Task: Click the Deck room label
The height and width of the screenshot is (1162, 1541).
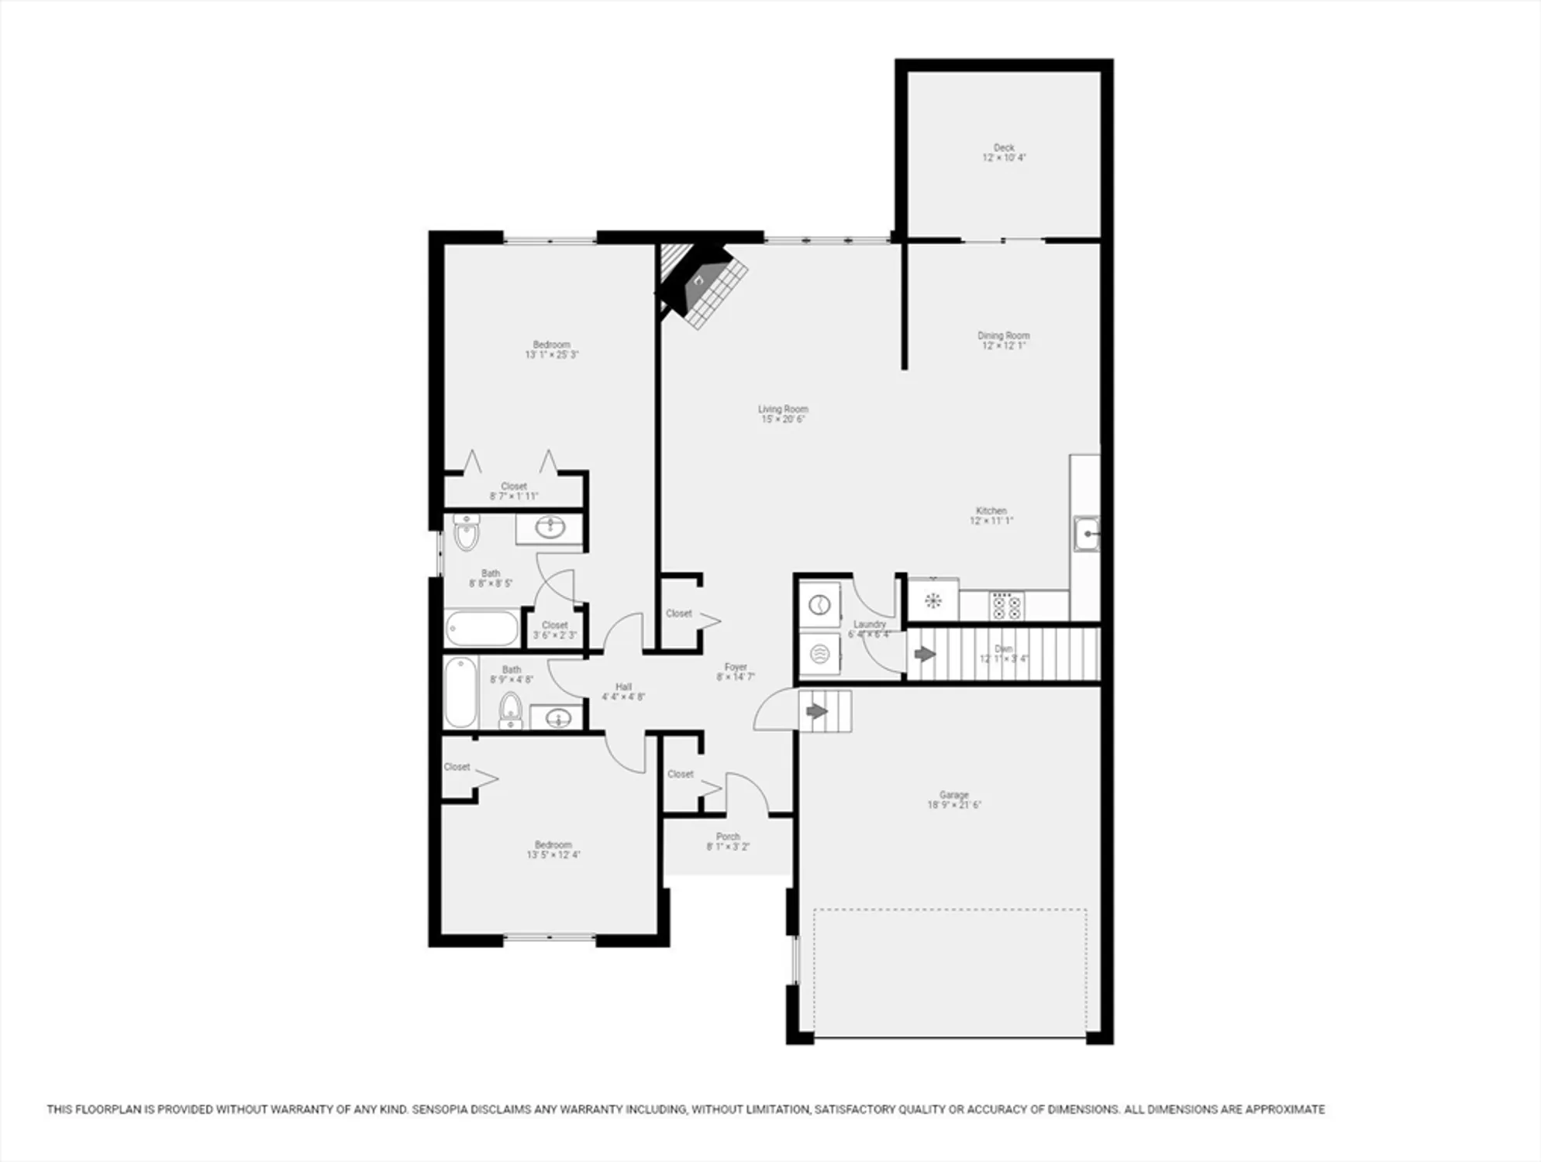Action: [x=1004, y=147]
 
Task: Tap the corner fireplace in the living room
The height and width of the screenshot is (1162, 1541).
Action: [x=702, y=283]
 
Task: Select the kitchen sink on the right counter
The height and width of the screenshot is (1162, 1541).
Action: [x=1087, y=535]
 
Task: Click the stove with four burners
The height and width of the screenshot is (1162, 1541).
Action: [x=1006, y=606]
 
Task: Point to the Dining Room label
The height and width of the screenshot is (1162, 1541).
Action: [x=1003, y=335]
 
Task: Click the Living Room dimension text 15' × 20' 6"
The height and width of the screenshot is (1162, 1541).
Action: [x=783, y=419]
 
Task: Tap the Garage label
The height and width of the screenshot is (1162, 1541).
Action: [x=953, y=795]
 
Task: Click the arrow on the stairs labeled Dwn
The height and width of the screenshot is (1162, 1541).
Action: [x=925, y=655]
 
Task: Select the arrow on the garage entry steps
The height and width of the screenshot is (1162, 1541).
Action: [x=817, y=710]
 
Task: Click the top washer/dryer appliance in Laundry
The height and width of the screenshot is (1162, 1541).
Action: [x=820, y=605]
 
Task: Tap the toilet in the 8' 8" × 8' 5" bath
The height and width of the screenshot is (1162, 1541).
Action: [x=467, y=533]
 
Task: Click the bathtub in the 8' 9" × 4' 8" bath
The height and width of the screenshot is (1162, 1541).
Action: [x=460, y=693]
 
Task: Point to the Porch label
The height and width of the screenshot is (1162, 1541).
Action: [x=728, y=837]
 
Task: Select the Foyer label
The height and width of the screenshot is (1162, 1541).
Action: [x=736, y=667]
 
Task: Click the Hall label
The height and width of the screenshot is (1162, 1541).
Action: [x=623, y=686]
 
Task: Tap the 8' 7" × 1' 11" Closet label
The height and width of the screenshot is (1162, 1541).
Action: [x=514, y=486]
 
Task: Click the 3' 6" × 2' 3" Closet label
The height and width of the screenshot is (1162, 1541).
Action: [x=555, y=625]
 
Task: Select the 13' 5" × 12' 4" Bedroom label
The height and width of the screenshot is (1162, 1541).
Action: [x=553, y=844]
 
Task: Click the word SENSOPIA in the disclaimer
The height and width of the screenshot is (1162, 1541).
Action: [x=443, y=1109]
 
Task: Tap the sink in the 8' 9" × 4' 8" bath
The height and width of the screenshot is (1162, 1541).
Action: [x=558, y=720]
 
